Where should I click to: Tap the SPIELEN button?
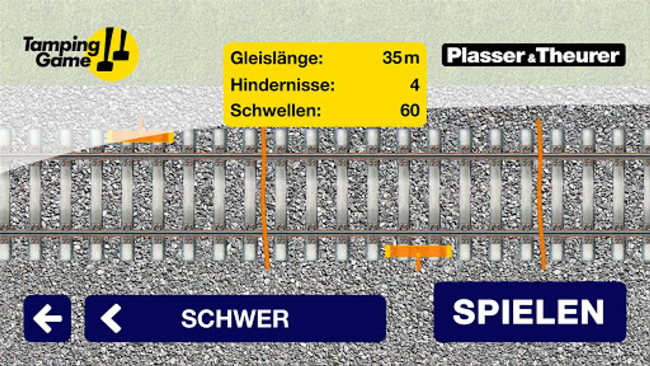pyautogui.click(x=530, y=312)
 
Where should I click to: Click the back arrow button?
pyautogui.click(x=48, y=318)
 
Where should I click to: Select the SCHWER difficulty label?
pyautogui.click(x=235, y=318)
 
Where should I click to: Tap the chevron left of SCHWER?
pyautogui.click(x=111, y=318)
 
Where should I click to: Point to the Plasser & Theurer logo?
pyautogui.click(x=533, y=55)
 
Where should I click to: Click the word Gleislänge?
pyautogui.click(x=276, y=58)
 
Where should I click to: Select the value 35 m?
pyautogui.click(x=400, y=58)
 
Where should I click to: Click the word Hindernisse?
pyautogui.click(x=282, y=85)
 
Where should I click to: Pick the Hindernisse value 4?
pyautogui.click(x=414, y=85)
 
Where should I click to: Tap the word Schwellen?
pyautogui.click(x=275, y=110)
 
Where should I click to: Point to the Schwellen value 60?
pyautogui.click(x=409, y=110)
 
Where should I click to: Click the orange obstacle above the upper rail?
pyautogui.click(x=141, y=137)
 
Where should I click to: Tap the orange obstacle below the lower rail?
pyautogui.click(x=418, y=252)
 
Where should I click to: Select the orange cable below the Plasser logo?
pyautogui.click(x=540, y=195)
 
